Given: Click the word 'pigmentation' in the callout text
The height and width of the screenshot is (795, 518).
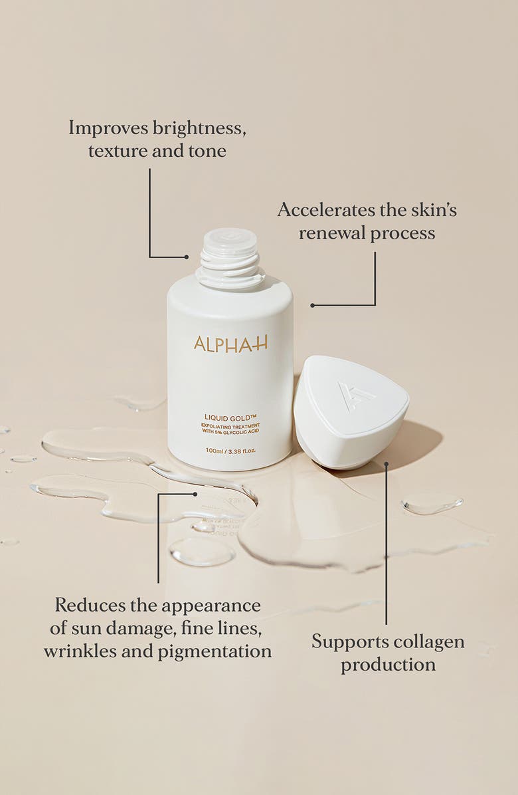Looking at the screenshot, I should coord(215,651).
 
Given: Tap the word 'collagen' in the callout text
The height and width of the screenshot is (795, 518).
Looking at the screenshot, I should coord(432,642).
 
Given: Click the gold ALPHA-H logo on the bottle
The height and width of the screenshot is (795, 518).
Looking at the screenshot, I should coord(230,343).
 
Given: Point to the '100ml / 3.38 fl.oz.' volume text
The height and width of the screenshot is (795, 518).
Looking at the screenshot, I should coord(230,451).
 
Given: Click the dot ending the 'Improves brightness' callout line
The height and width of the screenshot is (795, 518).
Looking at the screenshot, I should coord(187,257).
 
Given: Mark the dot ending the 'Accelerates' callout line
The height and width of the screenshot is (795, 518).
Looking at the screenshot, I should coord(311,305).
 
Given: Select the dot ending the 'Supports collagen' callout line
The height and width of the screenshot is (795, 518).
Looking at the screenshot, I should coord(386,465).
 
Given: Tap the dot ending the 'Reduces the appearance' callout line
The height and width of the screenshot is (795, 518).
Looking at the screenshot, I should coord(195,494).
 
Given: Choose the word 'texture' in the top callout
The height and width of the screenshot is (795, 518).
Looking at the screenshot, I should coord(117,151).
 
